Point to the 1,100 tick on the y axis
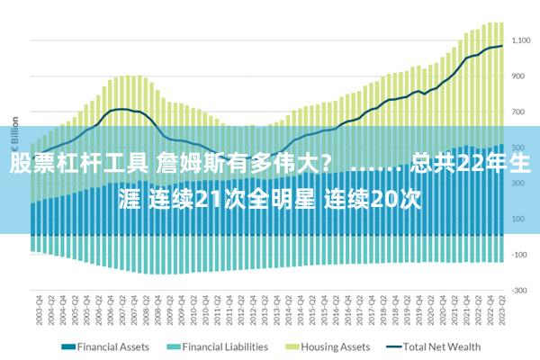point(522,40)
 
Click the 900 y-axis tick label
point(519,76)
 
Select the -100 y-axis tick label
point(519,255)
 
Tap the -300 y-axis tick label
point(519,290)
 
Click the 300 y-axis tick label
point(519,183)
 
